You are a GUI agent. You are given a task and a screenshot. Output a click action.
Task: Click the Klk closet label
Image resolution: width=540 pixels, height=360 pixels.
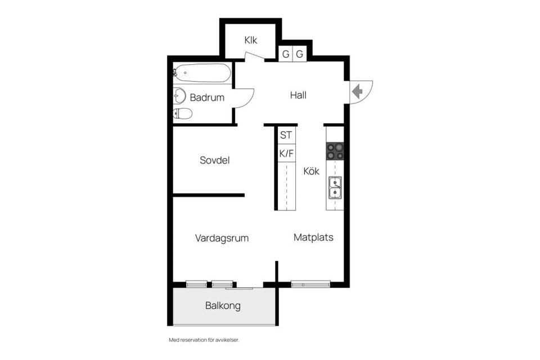click(250, 40)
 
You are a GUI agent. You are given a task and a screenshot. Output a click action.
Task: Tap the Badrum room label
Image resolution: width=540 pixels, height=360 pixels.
click(207, 97)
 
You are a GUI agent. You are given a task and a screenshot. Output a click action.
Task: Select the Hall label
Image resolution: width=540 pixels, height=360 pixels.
click(298, 95)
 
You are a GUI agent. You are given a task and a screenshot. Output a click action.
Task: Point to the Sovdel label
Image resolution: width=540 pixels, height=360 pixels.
click(214, 160)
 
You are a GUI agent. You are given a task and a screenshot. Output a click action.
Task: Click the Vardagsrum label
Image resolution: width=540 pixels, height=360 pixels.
click(222, 238)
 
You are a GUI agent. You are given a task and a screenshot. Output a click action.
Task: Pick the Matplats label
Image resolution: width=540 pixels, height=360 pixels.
click(313, 237)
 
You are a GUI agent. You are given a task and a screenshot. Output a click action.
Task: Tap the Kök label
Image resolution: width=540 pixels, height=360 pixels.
click(311, 171)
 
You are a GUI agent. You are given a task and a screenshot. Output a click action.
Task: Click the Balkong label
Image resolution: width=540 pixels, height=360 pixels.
click(223, 306)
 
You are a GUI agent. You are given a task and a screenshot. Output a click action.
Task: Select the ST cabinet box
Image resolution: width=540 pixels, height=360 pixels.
click(286, 135)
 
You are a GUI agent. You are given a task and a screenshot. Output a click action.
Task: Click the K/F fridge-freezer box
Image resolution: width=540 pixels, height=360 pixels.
click(286, 152)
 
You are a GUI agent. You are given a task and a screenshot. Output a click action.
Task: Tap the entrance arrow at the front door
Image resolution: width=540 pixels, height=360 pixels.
click(356, 91)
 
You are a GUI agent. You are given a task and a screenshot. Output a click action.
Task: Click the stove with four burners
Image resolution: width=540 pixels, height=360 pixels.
click(335, 151)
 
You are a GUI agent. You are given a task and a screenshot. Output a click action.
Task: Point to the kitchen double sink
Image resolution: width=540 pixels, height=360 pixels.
click(335, 188)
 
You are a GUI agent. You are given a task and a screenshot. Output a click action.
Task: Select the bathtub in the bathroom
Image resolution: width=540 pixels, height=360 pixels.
click(202, 73)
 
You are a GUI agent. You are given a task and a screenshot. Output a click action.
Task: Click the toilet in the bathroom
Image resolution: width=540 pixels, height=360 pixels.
click(182, 114)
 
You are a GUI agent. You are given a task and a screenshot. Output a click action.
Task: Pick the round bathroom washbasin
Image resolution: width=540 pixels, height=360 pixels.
click(179, 96)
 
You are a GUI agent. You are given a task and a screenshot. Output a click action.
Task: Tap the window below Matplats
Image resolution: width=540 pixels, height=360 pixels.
click(310, 284)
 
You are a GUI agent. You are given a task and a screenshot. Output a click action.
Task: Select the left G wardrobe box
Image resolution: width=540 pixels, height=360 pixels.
click(286, 55)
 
